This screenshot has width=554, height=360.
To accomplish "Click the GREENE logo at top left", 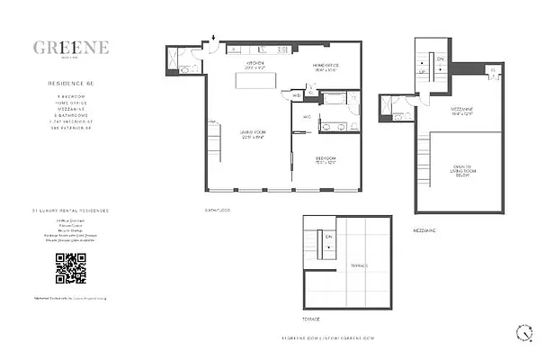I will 71,48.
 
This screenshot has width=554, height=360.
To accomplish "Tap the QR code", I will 71,268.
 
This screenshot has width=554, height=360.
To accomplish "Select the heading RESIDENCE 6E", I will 71,81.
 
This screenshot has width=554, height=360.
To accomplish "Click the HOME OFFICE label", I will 326,66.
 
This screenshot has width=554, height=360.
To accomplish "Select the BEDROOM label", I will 326,160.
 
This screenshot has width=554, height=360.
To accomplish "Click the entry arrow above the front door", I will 213,38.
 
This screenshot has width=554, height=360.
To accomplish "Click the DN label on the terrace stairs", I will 328,238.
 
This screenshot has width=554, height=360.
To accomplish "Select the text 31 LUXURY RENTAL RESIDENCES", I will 71,210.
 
